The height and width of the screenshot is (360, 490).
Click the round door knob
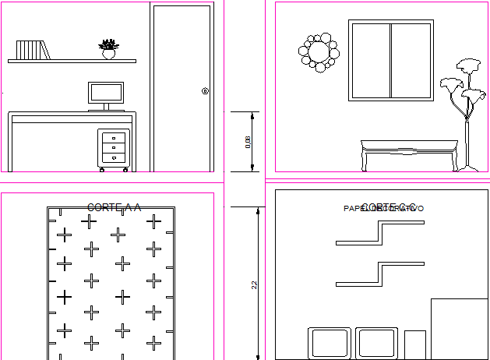click(x=205, y=91)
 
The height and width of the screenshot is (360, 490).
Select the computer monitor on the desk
click(x=107, y=93)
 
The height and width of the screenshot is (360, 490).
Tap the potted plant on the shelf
click(x=108, y=49)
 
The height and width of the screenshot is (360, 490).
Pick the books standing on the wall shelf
click(x=33, y=50)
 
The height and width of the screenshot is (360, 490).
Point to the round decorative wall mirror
click(x=319, y=52)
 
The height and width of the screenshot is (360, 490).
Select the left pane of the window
click(x=371, y=61)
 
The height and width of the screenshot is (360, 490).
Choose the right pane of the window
click(x=411, y=61)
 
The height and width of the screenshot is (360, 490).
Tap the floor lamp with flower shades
click(x=465, y=109)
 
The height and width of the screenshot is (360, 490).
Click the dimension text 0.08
click(x=249, y=142)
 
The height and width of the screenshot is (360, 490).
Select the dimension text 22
click(x=254, y=285)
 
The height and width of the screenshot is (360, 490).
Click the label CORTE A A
click(x=114, y=207)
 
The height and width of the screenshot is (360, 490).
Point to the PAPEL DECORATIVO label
click(x=384, y=209)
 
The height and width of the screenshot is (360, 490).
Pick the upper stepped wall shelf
click(x=380, y=232)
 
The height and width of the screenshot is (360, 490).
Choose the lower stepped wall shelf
click(x=380, y=274)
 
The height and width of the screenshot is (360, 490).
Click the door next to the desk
click(x=182, y=87)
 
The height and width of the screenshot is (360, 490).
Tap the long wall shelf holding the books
click(x=72, y=61)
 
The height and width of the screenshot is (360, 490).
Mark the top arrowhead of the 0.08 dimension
click(x=252, y=115)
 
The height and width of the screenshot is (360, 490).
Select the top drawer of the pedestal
click(x=114, y=137)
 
